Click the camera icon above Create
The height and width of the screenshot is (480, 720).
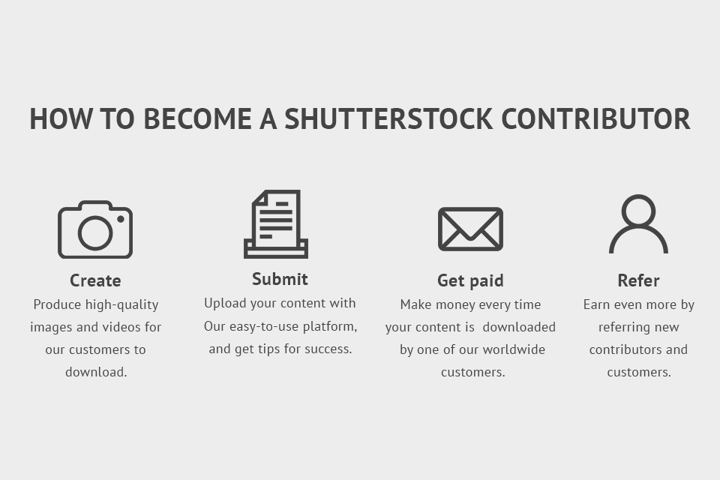tap(95, 229)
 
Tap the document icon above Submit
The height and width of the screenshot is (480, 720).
tap(276, 224)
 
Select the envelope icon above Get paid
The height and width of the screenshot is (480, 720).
tap(470, 229)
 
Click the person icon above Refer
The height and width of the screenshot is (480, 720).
tap(638, 224)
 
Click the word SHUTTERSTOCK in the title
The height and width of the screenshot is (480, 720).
tap(388, 119)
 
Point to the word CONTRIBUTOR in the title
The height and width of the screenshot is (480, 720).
tap(595, 119)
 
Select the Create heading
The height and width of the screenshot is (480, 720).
tap(95, 280)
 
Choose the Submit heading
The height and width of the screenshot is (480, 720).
tap(280, 279)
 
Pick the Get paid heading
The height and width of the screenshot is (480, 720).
tap(470, 280)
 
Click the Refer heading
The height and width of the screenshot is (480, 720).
tap(638, 280)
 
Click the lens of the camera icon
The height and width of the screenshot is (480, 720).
tap(95, 232)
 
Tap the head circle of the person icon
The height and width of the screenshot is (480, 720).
tap(638, 211)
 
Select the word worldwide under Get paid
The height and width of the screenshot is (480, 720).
tap(514, 349)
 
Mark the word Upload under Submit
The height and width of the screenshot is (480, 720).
tap(223, 303)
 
